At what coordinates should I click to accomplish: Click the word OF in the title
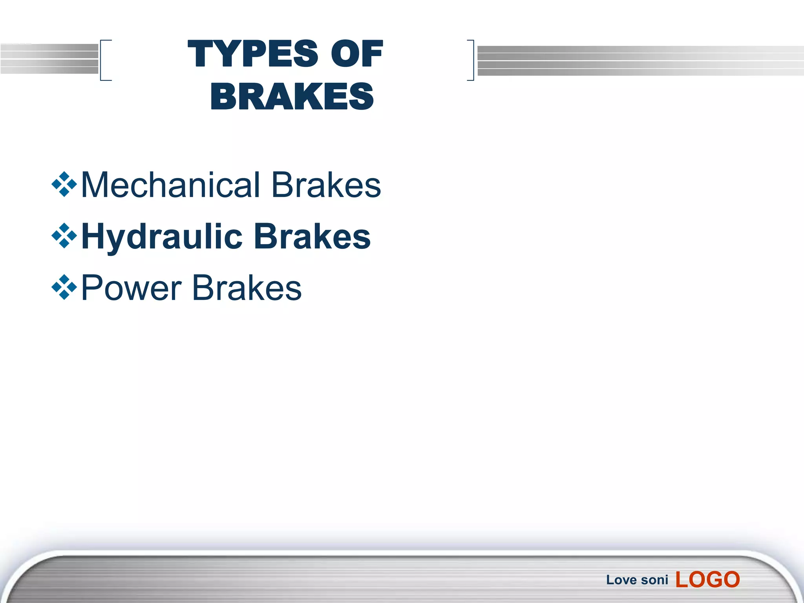click(x=356, y=54)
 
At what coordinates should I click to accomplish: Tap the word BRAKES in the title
click(x=292, y=97)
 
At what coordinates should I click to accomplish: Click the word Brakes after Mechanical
click(x=326, y=185)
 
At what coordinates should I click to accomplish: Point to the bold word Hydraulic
click(x=162, y=237)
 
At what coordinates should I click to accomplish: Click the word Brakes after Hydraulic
click(x=312, y=237)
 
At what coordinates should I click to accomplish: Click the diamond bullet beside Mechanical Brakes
click(x=64, y=184)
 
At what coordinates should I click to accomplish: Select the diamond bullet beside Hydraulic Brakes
click(x=64, y=236)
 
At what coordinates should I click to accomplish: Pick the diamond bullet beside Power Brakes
click(x=64, y=287)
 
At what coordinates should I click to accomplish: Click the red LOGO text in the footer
click(x=707, y=579)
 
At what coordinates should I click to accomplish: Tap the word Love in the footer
click(x=621, y=580)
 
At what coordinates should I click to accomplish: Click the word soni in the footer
click(x=654, y=580)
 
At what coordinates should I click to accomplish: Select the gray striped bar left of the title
click(x=49, y=59)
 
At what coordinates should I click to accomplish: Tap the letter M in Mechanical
click(x=94, y=185)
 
